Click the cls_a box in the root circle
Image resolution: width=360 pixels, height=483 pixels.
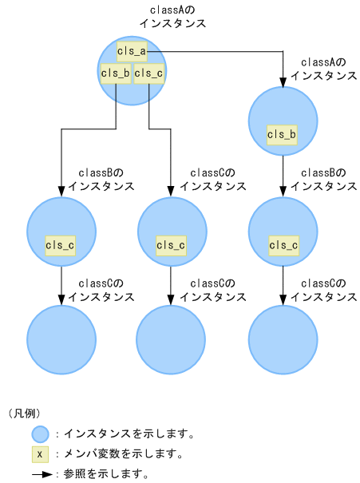click(132, 52)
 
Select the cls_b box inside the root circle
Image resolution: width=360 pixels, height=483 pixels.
click(115, 73)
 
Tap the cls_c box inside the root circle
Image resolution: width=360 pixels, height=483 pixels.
click(149, 73)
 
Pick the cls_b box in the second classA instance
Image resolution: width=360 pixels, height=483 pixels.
click(283, 134)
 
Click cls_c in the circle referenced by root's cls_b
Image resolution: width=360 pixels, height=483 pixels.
click(61, 245)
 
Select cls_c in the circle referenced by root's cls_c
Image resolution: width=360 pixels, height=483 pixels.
click(172, 245)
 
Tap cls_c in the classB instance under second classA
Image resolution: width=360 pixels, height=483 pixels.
click(283, 245)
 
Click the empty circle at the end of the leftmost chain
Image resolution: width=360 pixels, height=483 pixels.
click(61, 338)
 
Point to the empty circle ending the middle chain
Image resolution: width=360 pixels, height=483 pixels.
click(172, 338)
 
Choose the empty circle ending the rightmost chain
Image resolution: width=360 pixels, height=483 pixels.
click(283, 338)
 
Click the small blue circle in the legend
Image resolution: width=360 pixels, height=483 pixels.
click(40, 434)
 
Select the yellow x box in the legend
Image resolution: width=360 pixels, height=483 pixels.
click(40, 454)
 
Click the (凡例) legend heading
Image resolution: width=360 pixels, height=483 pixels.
click(24, 414)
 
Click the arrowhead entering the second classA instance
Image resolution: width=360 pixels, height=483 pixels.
click(283, 81)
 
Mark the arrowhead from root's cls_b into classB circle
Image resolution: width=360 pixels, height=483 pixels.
click(61, 192)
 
